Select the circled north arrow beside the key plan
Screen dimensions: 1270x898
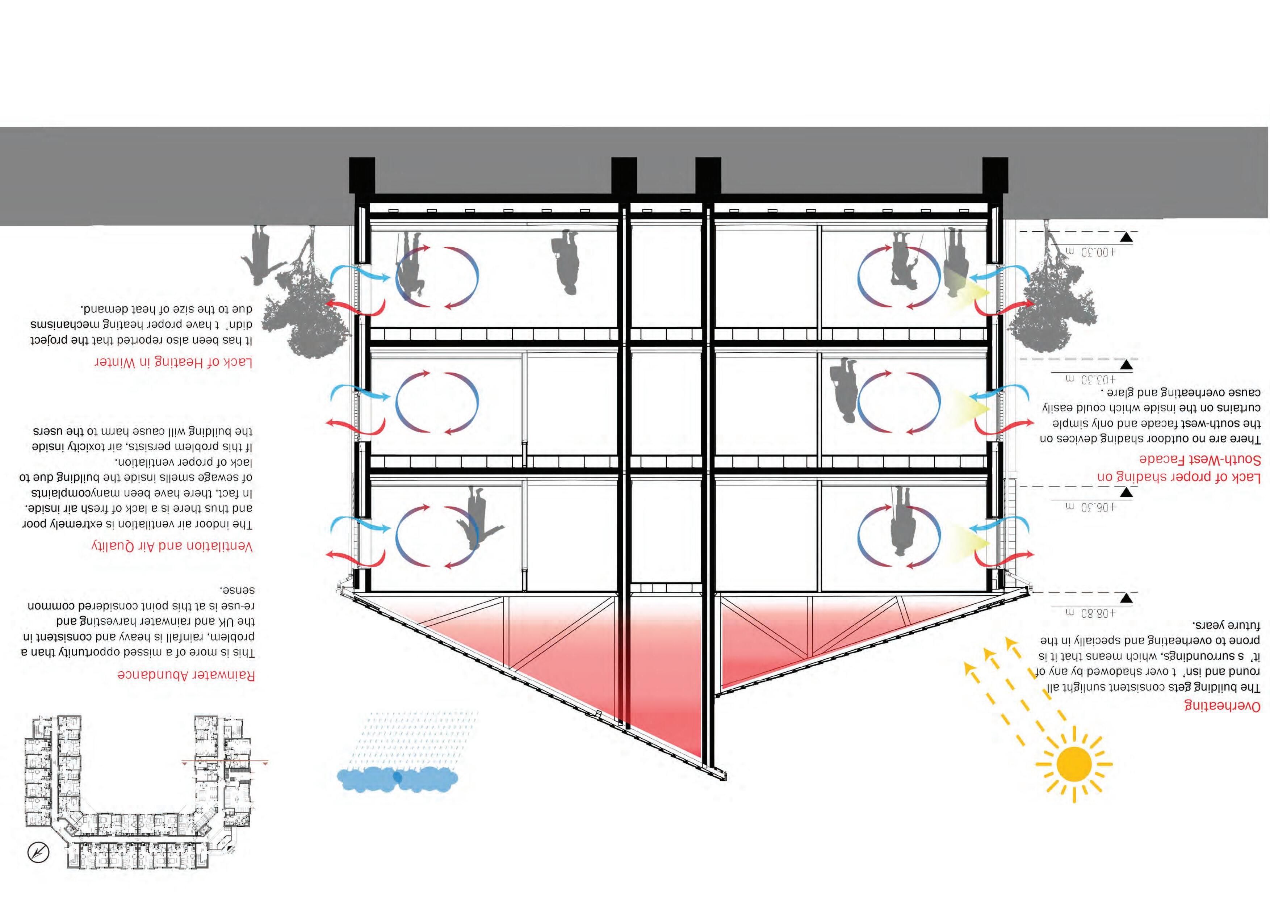point(38,852)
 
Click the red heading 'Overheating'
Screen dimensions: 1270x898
point(1221,721)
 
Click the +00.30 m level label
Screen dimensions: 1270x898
point(1089,252)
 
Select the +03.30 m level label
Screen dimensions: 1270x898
point(1089,379)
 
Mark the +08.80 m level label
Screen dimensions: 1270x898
point(1089,613)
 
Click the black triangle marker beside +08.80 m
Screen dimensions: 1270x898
point(1126,598)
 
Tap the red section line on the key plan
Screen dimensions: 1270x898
point(224,762)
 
